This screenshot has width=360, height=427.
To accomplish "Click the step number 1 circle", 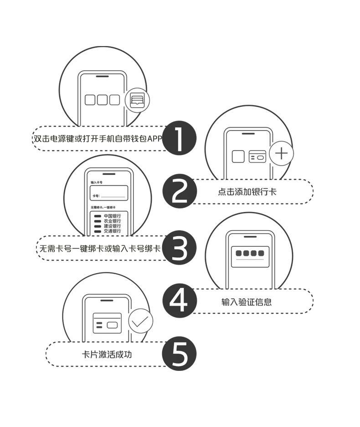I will pyautogui.click(x=180, y=139).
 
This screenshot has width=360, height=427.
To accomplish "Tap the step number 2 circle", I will pyautogui.click(x=180, y=192).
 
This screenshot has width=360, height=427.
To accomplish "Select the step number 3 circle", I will pyautogui.click(x=180, y=248).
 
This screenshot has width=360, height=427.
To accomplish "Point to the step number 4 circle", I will pyautogui.click(x=180, y=301).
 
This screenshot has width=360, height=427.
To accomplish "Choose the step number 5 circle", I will pyautogui.click(x=180, y=354).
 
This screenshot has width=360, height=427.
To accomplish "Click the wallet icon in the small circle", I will pyautogui.click(x=137, y=100).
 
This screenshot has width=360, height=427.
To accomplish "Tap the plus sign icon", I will pyautogui.click(x=282, y=153).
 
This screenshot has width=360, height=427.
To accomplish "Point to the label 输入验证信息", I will pyautogui.click(x=247, y=302).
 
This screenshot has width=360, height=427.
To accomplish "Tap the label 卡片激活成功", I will pyautogui.click(x=107, y=354).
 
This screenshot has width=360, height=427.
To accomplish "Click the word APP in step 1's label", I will pyautogui.click(x=154, y=139).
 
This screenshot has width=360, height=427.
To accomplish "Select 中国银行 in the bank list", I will pyautogui.click(x=112, y=216).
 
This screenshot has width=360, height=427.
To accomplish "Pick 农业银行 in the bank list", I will pyautogui.click(x=112, y=221).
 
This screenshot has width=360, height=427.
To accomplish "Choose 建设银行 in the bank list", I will pyautogui.click(x=112, y=226).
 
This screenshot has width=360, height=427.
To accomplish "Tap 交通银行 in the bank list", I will pyautogui.click(x=112, y=231).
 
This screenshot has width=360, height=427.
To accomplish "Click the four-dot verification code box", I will pyautogui.click(x=250, y=254).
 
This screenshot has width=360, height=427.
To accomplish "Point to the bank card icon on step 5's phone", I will pyautogui.click(x=107, y=323).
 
